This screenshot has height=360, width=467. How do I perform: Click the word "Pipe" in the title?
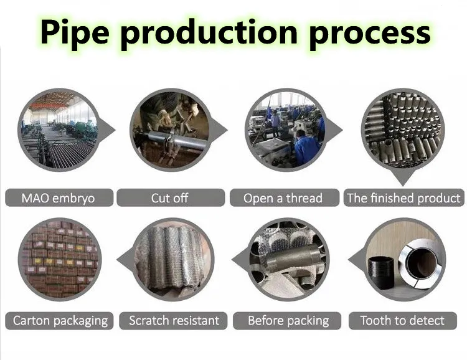75,33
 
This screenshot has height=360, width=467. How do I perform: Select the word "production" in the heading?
209,34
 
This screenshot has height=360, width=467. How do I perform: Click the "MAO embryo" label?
59,197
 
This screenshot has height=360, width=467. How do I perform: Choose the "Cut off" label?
171,197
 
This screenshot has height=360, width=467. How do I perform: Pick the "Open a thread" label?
284,197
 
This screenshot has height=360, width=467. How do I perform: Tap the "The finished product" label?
404,197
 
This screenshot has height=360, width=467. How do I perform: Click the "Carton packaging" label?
59,321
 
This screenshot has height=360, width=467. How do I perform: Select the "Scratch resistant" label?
173,321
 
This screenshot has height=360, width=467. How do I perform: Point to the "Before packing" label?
287,321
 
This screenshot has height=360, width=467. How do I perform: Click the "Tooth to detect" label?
403,321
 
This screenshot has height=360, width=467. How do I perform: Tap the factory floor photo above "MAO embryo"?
59,130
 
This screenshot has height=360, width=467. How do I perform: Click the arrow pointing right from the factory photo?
108,130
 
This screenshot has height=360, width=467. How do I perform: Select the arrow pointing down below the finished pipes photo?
403,178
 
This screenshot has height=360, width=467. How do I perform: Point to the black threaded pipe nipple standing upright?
381,273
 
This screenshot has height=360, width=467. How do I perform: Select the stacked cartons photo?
60,259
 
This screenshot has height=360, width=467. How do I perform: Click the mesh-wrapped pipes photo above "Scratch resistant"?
172,259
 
